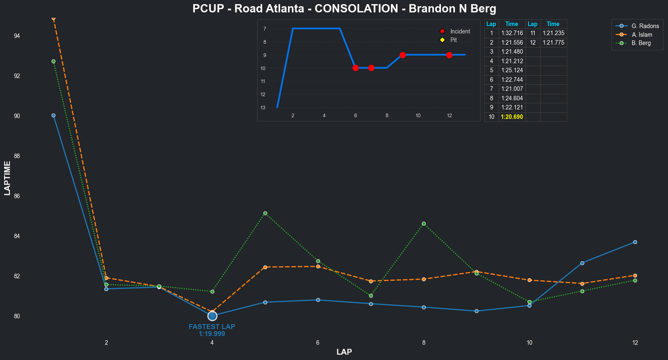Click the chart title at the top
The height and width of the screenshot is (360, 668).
344,9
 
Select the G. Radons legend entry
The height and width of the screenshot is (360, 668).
645,26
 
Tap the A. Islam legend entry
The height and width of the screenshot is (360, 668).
642,35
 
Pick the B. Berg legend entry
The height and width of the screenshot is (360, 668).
641,43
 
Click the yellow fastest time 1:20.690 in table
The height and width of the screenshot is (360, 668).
512,117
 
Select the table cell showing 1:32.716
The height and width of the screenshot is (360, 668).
512,33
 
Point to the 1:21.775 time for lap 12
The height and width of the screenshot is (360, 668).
553,43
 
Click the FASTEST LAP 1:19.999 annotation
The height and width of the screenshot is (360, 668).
212,330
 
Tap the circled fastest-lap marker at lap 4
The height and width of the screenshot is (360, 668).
212,316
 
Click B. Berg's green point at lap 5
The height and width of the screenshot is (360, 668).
265,213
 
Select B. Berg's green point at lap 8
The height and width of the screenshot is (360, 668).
424,224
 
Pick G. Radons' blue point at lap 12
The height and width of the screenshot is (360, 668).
635,242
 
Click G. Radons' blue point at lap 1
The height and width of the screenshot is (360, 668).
54,116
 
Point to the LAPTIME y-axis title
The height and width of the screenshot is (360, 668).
7,178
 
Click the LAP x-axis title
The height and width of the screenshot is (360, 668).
344,352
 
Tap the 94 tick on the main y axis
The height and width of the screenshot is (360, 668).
17,36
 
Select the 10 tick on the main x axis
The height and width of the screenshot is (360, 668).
529,343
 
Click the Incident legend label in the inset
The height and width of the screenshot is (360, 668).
460,31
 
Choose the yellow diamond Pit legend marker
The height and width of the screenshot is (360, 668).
442,40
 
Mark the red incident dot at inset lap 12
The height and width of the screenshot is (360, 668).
449,55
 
